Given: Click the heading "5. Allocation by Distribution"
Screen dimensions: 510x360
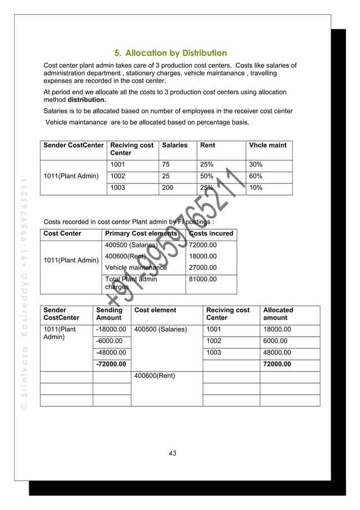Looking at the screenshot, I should coord(170,54).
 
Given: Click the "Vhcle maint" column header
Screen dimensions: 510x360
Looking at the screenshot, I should coord(267,145).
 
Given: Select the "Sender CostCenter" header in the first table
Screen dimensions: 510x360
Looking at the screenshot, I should coord(74,145).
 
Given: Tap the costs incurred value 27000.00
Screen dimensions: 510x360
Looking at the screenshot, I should coord(203,267).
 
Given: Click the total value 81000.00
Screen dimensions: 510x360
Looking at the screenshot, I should coord(203,279).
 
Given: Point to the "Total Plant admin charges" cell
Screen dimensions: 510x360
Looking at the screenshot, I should coord(131,283).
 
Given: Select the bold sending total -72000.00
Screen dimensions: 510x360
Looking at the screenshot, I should coord(111,364).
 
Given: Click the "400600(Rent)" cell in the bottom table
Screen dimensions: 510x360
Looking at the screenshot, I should coord(155,376).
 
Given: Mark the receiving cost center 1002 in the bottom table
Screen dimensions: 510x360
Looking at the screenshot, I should coord(214,341).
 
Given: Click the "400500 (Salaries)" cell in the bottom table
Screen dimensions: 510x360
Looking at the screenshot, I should coord(160,329).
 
